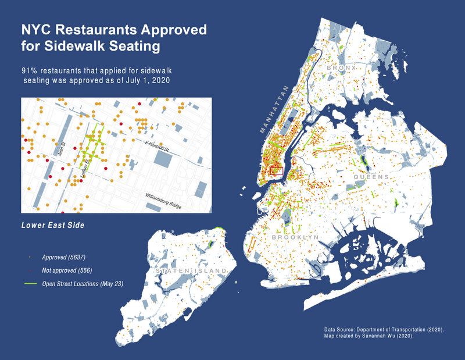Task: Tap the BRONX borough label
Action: click(340, 69)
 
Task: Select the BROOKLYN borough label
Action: click(295, 238)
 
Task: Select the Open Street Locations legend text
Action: click(82, 284)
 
